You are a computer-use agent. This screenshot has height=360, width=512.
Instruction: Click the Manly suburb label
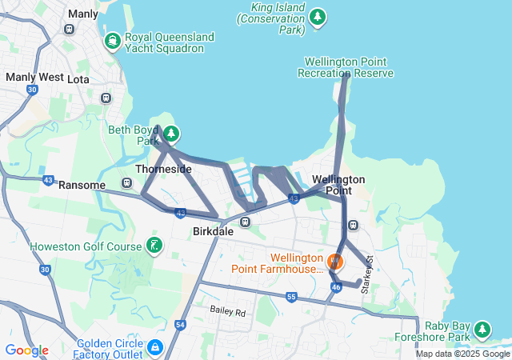pos(83,14)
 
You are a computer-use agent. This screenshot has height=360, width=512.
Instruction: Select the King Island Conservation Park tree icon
pos(318,16)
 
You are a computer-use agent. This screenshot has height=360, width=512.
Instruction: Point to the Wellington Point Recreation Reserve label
pos(345,67)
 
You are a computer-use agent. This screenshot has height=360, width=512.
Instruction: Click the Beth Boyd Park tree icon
pos(171,134)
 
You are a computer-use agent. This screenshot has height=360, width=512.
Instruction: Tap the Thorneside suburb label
pos(163,170)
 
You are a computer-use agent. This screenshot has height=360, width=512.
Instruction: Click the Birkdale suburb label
pos(214,231)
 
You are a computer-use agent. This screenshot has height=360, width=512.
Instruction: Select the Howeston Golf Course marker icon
pos(154,245)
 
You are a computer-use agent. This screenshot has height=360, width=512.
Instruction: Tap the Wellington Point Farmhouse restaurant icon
pos(334,261)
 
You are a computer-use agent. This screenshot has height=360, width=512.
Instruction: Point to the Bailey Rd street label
pos(228,310)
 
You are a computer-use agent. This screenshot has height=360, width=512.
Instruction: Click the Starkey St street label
pos(368,274)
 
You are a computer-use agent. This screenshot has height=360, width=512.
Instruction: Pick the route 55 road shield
pos(290,297)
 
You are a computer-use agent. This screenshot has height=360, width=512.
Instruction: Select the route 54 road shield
pos(180,324)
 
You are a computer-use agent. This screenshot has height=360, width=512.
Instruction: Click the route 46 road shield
pos(336,286)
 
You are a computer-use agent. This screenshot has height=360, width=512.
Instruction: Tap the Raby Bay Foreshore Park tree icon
pos(482,330)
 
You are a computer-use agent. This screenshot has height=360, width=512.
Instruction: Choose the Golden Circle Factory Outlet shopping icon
pos(154,348)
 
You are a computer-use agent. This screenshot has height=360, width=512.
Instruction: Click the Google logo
pos(26,350)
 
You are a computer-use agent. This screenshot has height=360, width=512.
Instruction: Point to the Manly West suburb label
pos(34,78)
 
